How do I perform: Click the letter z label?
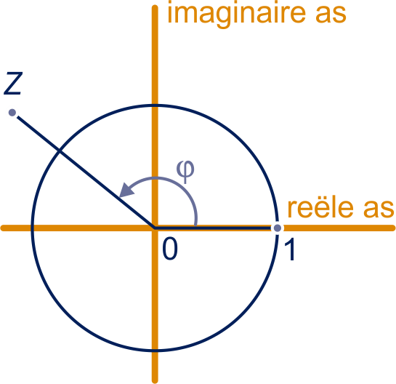(13, 84)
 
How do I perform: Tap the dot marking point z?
(12, 113)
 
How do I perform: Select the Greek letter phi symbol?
(185, 172)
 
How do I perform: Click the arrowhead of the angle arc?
(126, 190)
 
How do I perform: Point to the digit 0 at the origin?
(170, 249)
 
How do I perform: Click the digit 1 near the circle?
(290, 249)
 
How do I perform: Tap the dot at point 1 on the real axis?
(278, 228)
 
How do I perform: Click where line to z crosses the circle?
(59, 151)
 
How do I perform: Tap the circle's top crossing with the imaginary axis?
(155, 105)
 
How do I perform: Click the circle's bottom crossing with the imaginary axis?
(155, 351)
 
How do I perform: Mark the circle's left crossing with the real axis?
(32, 228)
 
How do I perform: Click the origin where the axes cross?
(155, 228)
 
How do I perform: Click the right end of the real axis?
(394, 228)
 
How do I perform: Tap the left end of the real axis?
(2, 228)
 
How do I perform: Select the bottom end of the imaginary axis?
(155, 382)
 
